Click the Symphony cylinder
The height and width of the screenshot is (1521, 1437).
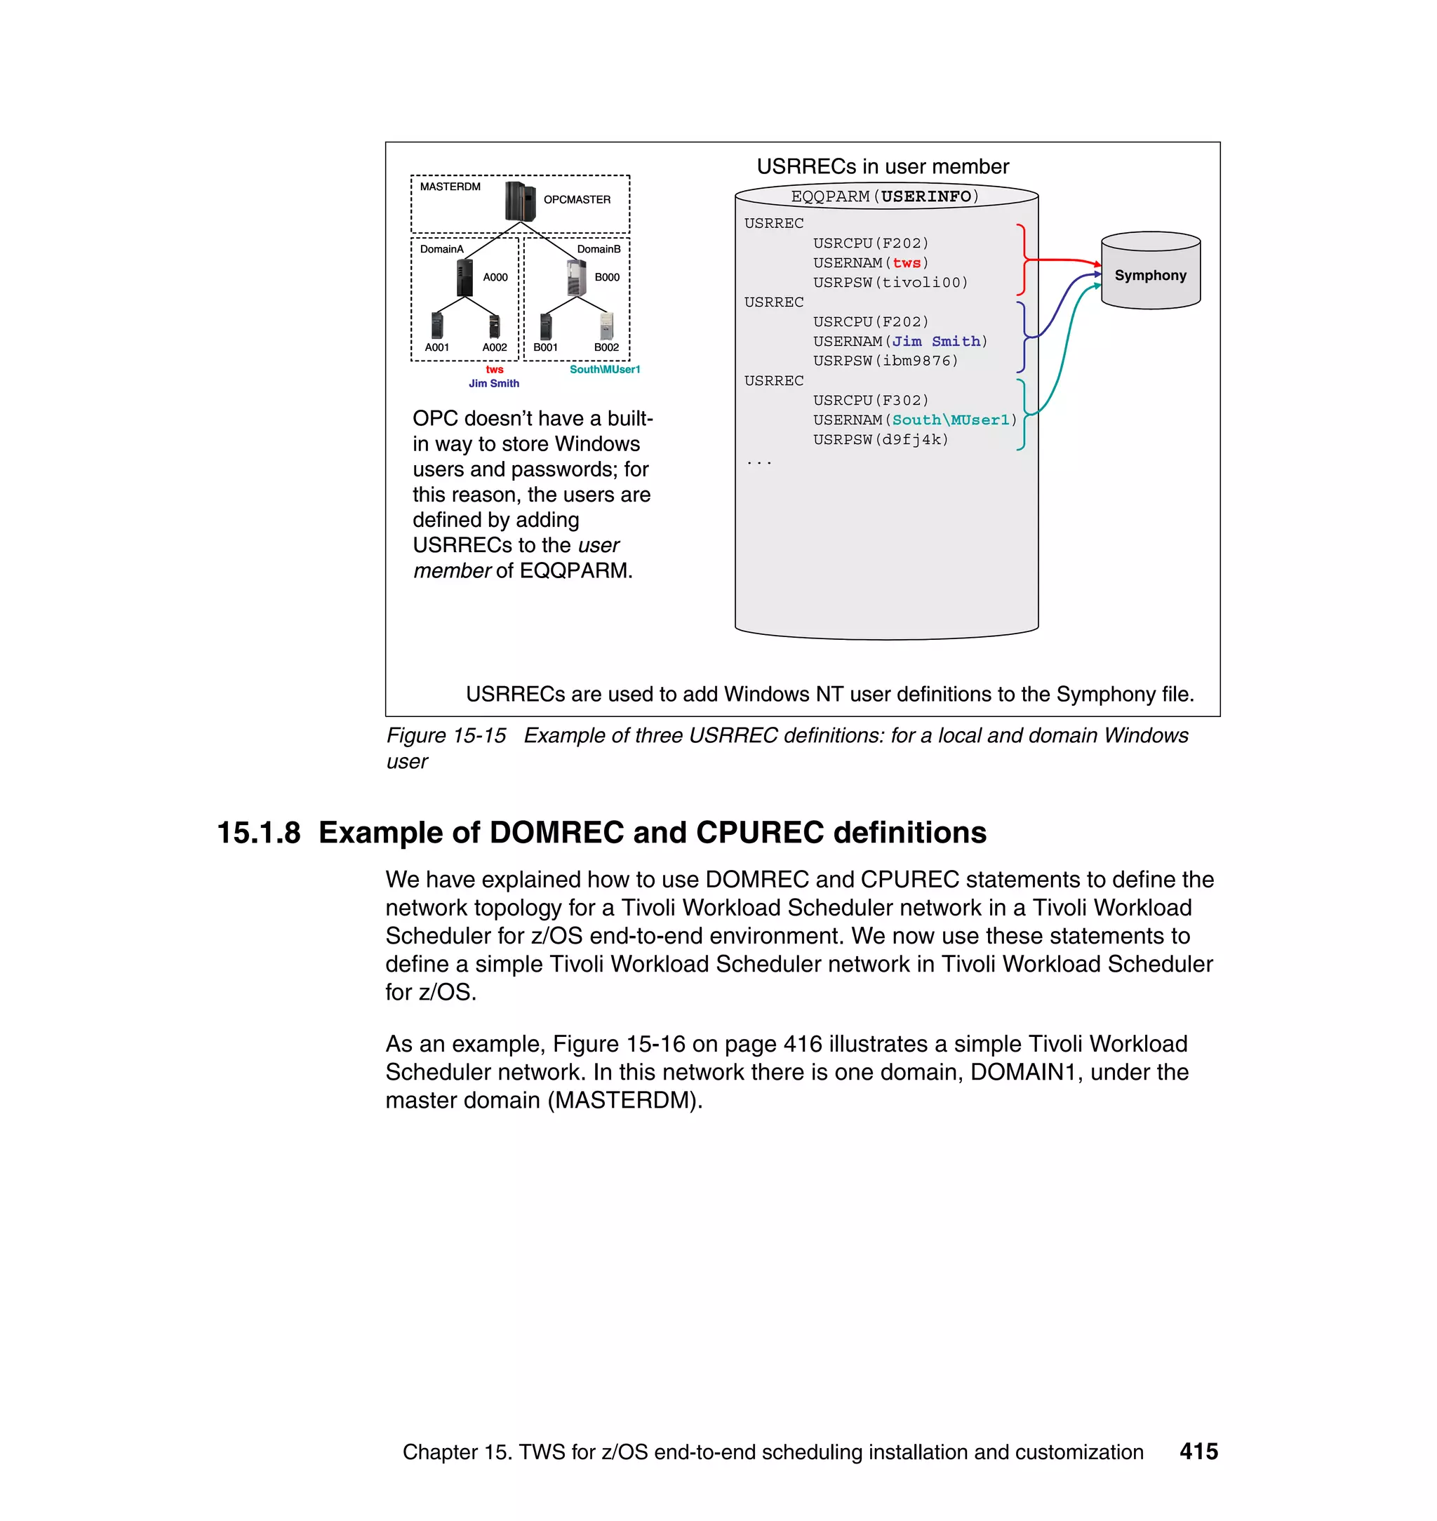pos(1150,272)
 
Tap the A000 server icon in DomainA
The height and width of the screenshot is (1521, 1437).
pos(464,277)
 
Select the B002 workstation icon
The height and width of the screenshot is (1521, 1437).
pos(606,326)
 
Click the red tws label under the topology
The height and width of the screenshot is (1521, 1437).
pos(494,369)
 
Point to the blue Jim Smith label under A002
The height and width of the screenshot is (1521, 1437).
pos(493,383)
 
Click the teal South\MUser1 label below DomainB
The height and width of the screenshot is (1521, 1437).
pos(604,369)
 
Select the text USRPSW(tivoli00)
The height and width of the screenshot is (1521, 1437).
pos(890,283)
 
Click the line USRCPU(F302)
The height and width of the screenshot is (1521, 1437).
pos(870,400)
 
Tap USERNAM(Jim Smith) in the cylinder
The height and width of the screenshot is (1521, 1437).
pos(900,341)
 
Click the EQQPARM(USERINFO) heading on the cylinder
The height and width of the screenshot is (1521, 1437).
pos(885,196)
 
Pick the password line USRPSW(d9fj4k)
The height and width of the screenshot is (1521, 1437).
pos(880,440)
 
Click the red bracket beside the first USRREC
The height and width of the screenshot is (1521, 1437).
pos(1022,260)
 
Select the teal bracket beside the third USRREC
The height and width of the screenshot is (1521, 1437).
pos(1022,415)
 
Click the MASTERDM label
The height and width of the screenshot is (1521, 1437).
pos(450,187)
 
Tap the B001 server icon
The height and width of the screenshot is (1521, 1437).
pos(545,326)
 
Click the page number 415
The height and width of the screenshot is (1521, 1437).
pos(1198,1451)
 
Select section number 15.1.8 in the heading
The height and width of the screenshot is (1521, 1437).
pos(258,833)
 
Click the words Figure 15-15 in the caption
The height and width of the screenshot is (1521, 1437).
pos(446,735)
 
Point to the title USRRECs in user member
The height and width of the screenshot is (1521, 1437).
pos(883,166)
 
